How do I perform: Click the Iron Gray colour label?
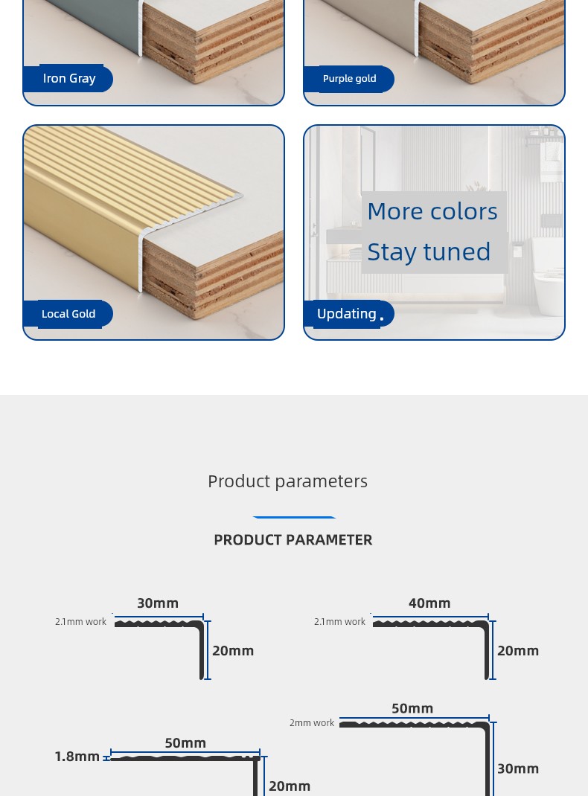pos(69,78)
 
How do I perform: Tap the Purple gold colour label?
pos(349,79)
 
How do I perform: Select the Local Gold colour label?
pos(68,314)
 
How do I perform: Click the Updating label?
pos(347,314)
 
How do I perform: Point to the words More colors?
pos(432,211)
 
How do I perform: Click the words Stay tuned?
pos(429,252)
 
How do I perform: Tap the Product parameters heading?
pos(287,481)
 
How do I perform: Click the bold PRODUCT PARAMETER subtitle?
pos(293,539)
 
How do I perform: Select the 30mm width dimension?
pos(158,603)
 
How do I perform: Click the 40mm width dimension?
pos(429,603)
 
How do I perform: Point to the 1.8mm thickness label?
pos(77,757)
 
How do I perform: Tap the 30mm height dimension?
pos(518,768)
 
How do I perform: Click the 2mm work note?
pos(312,723)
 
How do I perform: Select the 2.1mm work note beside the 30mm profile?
pos(80,621)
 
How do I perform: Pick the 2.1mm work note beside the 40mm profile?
pos(339,621)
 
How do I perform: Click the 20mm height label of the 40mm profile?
pos(518,651)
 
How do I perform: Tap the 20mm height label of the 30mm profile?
pos(233,651)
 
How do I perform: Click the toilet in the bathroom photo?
pos(548,277)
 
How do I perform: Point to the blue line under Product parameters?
pos(295,517)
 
